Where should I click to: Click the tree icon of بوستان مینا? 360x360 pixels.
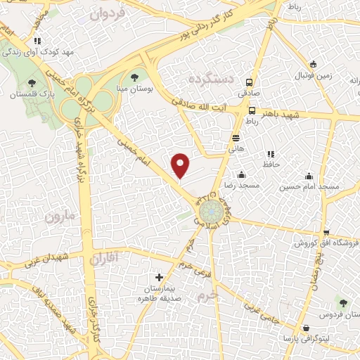(135, 77)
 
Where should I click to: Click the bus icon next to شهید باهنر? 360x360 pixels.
(252, 110)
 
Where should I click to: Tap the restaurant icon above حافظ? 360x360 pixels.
(271, 154)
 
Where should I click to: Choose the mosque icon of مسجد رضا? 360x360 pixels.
(242, 174)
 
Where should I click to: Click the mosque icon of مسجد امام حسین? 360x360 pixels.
(309, 176)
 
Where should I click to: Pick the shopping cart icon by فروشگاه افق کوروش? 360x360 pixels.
(326, 233)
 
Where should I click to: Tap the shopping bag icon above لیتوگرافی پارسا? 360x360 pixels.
(306, 328)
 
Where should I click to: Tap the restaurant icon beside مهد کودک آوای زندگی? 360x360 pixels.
(37, 41)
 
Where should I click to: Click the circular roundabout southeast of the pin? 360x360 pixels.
(211, 211)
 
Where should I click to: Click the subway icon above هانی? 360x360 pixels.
(236, 138)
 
